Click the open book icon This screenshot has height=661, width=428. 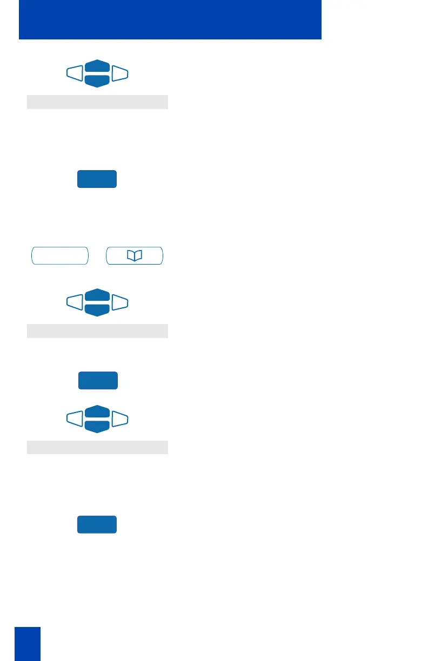[x=134, y=256]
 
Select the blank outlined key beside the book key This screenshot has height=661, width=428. [x=59, y=256]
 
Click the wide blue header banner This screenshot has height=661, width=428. [x=170, y=19]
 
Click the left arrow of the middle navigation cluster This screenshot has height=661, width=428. [x=75, y=302]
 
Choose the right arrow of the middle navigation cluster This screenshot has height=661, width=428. [x=120, y=302]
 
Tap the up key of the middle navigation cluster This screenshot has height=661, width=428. [x=97, y=296]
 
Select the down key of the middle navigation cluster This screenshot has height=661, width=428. [x=97, y=309]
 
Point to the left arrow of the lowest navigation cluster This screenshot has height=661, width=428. [x=75, y=419]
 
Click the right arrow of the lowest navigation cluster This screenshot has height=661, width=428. [x=120, y=419]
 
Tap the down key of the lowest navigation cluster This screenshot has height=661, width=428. [x=97, y=426]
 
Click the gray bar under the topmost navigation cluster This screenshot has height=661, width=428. [x=97, y=102]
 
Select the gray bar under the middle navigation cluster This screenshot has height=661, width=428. [x=97, y=331]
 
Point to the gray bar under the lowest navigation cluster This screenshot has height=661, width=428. [x=97, y=447]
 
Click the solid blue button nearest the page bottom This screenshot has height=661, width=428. [x=97, y=524]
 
